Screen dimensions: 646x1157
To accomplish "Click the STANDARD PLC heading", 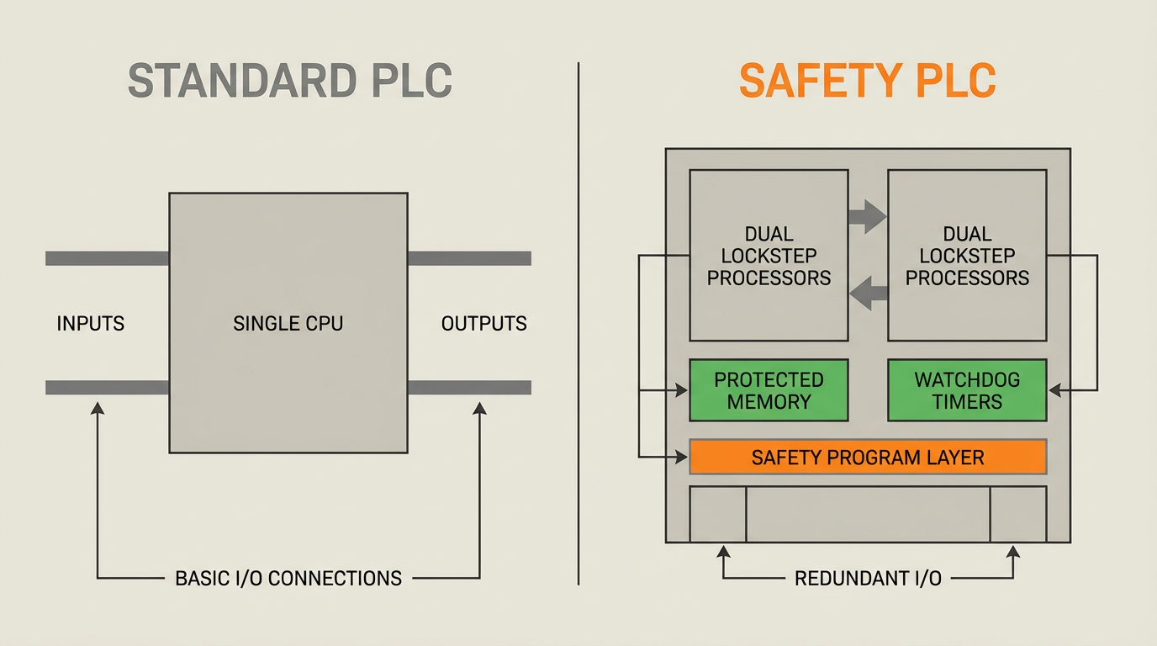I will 290,81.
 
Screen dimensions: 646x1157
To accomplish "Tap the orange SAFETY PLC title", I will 867,81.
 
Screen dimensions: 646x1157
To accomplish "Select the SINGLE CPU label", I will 288,323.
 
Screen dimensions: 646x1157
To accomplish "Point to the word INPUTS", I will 90,323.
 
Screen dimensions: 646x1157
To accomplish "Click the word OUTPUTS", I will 483,323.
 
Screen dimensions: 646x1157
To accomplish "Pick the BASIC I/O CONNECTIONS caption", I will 288,579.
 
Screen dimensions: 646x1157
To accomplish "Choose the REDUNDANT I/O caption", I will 868,579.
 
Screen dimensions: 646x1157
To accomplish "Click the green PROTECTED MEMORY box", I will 769,390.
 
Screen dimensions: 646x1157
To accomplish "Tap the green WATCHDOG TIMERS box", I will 967,390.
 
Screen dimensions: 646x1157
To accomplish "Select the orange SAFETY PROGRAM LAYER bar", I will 868,457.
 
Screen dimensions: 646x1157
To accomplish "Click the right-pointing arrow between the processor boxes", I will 868,216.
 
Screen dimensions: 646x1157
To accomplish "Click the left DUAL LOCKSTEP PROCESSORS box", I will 769,255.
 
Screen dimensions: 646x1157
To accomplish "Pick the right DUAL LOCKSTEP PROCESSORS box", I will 967,255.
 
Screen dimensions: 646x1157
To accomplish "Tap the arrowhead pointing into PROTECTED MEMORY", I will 682,390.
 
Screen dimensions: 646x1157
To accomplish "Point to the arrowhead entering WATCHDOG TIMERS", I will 1054,390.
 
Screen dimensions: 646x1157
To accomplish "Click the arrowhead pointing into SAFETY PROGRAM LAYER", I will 682,457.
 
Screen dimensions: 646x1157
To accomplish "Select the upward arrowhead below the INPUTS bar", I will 98,409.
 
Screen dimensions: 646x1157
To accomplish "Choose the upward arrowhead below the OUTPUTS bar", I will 479,409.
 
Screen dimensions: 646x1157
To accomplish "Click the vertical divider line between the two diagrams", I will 578,323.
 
